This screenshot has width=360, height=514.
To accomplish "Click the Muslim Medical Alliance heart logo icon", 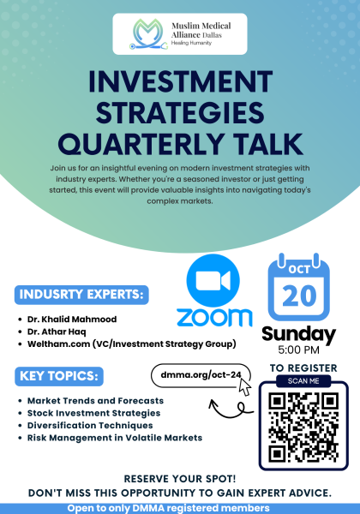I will (x=137, y=34).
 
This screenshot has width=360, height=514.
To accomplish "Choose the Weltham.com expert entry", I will (x=120, y=344).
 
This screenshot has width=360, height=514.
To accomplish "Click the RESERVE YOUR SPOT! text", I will (x=180, y=479).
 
